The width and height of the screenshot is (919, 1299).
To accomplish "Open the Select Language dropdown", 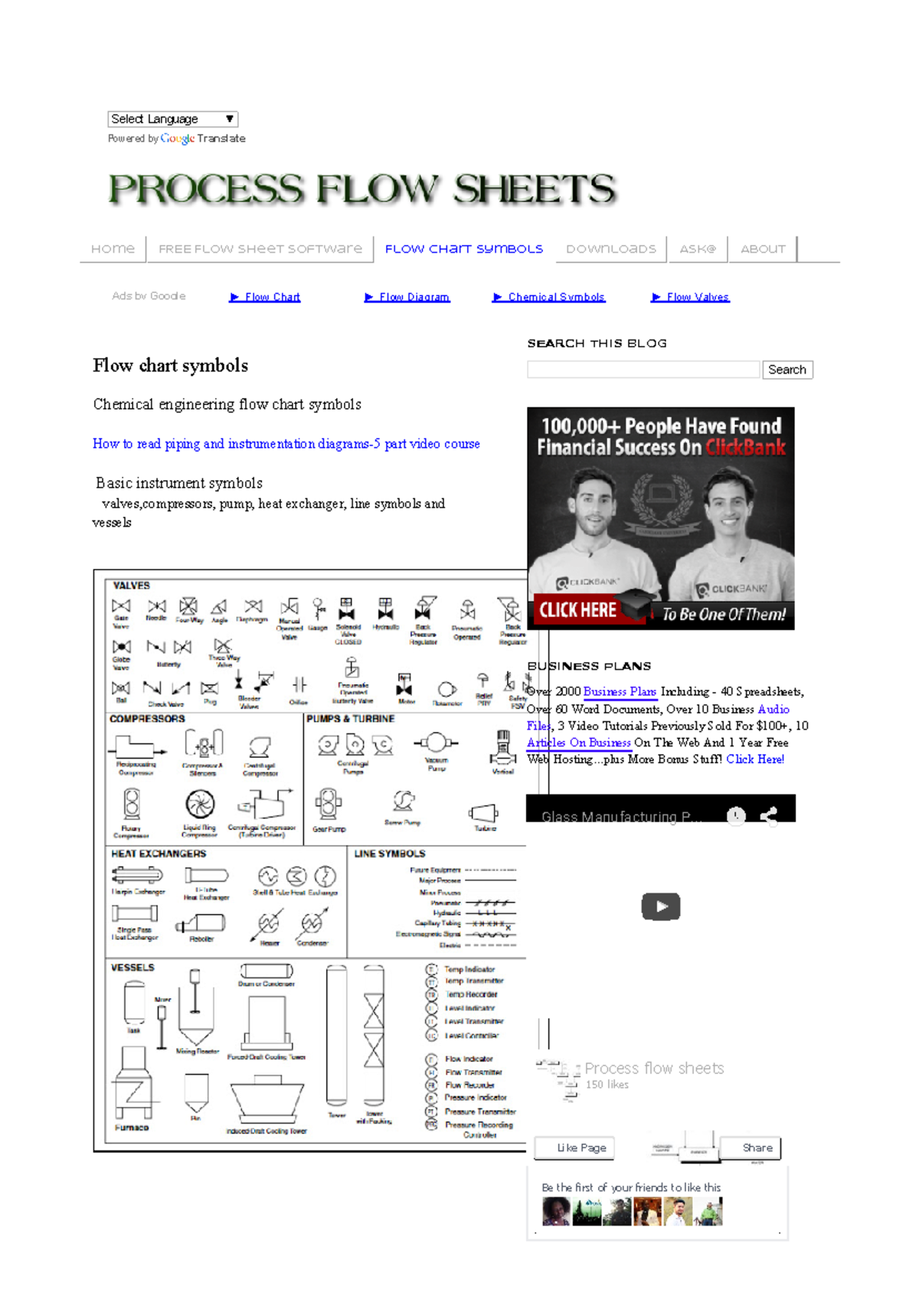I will [172, 119].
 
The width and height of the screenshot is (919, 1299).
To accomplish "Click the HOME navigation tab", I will [113, 249].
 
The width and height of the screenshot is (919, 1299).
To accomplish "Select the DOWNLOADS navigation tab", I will [610, 249].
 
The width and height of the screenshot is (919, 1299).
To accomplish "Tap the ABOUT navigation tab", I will [763, 249].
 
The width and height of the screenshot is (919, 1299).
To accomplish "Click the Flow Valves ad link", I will [697, 297].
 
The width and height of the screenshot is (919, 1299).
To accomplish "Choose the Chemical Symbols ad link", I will [555, 297].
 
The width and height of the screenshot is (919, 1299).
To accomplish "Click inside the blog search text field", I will [643, 370].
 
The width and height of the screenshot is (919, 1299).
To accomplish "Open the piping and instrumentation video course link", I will [286, 444].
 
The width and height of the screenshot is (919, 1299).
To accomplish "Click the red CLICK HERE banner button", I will [578, 610].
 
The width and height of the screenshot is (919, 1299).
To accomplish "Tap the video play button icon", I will [660, 906].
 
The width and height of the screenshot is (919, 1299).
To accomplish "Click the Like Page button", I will [581, 1147].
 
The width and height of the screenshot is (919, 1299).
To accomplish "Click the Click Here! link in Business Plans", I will [755, 759].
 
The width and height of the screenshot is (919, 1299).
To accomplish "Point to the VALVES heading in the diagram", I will [132, 586].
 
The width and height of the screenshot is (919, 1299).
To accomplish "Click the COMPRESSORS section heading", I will [147, 719].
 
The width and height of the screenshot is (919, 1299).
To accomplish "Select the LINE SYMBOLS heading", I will [389, 853].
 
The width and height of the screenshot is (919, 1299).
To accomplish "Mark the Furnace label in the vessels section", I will [132, 1128].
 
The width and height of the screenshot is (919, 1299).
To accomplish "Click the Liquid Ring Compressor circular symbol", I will [200, 804].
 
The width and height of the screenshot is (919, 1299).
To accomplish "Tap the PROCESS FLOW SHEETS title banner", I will [361, 189].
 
